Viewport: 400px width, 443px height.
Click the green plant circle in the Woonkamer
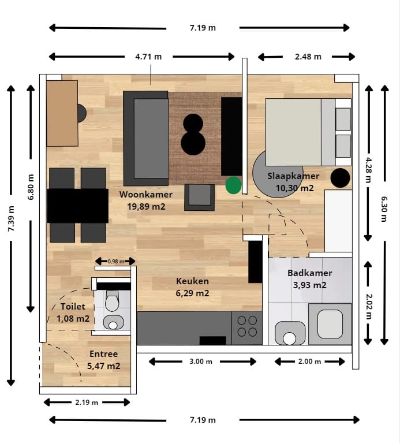pos(233,185)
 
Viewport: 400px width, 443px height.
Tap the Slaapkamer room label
pos(293,176)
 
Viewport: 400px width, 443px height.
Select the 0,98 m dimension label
pos(116,261)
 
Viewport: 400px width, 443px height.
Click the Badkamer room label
pos(310,273)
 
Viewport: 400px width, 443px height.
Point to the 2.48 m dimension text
pos(308,57)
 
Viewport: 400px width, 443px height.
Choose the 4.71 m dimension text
pos(148,57)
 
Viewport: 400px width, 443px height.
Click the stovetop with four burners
pos(247,327)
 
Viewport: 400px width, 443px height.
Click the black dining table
pos(77,206)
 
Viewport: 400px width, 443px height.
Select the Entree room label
pos(103,353)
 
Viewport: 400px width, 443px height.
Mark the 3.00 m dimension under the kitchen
pos(201,362)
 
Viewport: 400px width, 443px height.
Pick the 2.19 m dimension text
pos(87,403)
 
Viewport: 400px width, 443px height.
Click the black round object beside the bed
pos(340,178)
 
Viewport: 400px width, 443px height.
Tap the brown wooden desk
pos(62,113)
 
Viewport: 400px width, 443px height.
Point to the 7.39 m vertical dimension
pos(11,219)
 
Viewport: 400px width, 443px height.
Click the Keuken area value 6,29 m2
pos(193,293)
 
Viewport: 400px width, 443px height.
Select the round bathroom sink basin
pos(289,338)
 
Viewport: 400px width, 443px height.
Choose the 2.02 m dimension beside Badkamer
pos(368,307)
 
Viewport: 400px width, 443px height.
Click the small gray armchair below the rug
pos(199,197)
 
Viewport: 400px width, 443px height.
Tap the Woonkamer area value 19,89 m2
pos(146,207)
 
